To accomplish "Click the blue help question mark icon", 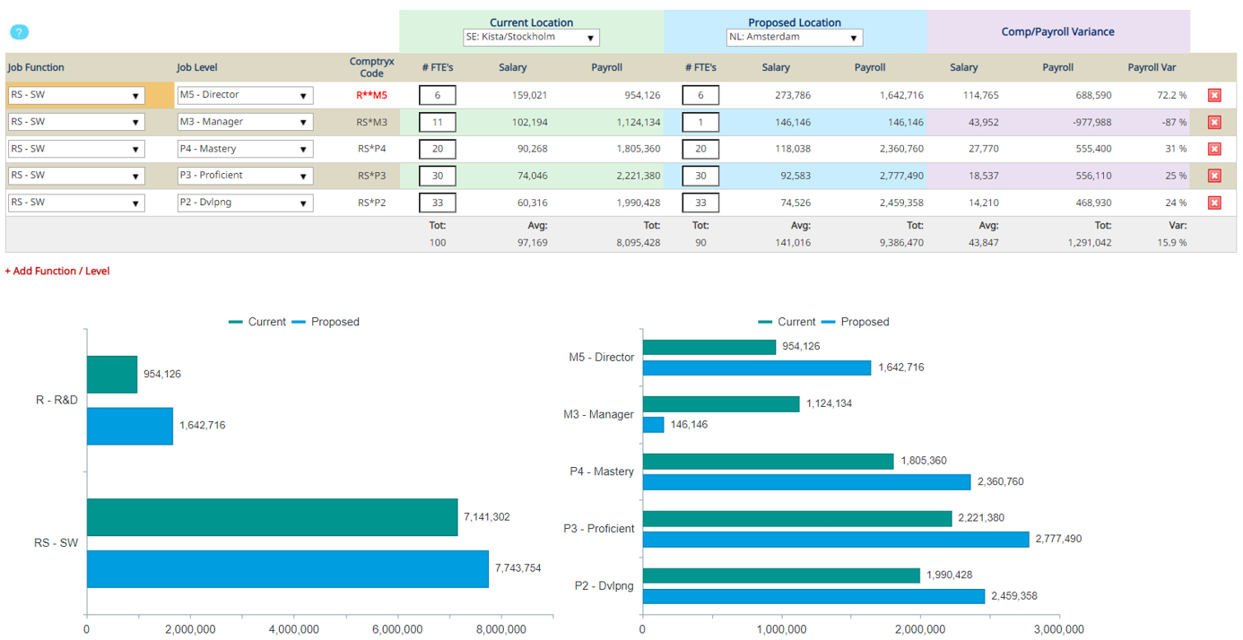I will [19, 32].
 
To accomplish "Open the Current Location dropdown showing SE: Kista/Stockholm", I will [531, 38].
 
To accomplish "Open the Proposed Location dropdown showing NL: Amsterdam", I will [794, 38].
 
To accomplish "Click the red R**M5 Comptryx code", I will [371, 95].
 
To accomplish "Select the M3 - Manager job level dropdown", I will [245, 122].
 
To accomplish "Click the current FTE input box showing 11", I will [438, 122].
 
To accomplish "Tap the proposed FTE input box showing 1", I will [700, 122].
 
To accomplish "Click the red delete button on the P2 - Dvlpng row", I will [1214, 203].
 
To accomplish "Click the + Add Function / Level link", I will [57, 271].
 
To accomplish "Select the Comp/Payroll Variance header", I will [1057, 31].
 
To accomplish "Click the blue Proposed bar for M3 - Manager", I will [653, 425].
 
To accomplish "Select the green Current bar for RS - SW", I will [272, 517].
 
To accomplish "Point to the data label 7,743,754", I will [517, 568].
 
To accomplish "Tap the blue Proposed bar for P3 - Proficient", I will [836, 539].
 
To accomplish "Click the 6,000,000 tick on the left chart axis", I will [397, 629].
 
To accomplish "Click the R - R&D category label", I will [56, 400].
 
